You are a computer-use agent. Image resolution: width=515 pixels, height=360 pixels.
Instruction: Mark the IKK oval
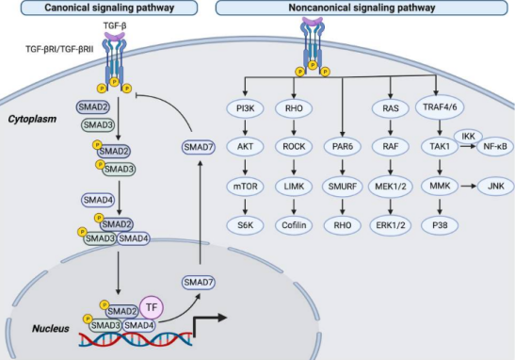(x=468, y=136)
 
